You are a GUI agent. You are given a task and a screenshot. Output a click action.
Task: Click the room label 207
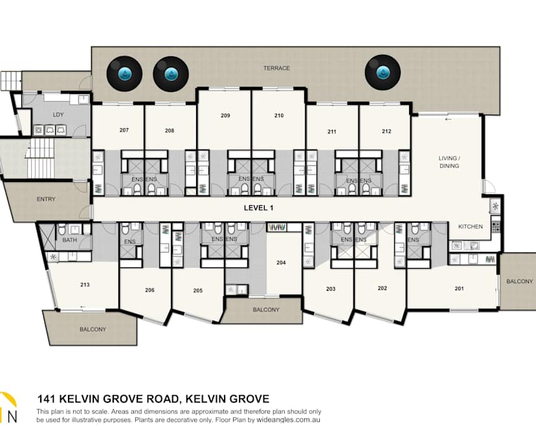[x=124, y=130]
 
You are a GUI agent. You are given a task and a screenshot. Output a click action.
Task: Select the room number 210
[x=278, y=116]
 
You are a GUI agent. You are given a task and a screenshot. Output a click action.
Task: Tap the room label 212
[x=386, y=131]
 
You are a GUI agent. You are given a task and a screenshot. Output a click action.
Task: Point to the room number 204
[x=281, y=263]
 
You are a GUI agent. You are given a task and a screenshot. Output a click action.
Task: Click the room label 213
[x=85, y=285]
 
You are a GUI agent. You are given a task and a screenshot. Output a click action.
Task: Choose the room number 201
[x=459, y=288]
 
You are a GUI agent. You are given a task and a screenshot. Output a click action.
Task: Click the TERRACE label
[x=276, y=68]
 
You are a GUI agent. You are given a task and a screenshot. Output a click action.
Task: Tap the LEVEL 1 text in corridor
[x=259, y=208]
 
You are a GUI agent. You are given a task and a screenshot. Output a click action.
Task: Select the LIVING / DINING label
[x=449, y=162]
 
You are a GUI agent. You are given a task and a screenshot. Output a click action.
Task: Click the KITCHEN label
[x=471, y=227]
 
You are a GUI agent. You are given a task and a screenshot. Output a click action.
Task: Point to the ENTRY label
[x=46, y=199]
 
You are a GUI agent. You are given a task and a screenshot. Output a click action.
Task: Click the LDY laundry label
[x=58, y=115]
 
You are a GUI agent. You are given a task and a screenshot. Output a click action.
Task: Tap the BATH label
[x=70, y=240]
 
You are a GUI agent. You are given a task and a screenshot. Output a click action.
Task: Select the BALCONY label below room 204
[x=266, y=310]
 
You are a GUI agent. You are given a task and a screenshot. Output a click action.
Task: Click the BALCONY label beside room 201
[x=519, y=281]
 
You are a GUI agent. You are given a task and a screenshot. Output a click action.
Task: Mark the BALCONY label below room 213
[x=93, y=330]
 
